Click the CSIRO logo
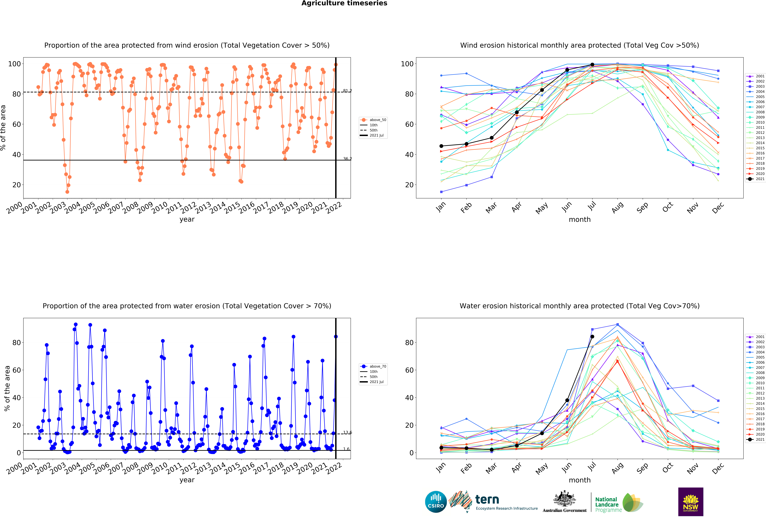click(x=436, y=502)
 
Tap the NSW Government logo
click(x=690, y=502)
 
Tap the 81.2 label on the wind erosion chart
click(x=347, y=91)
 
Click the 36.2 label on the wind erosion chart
click(x=347, y=159)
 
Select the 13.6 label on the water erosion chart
click(x=347, y=432)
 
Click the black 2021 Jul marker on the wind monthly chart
click(x=592, y=65)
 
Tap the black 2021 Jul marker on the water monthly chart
click(x=592, y=336)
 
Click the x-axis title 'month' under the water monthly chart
click(x=580, y=480)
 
